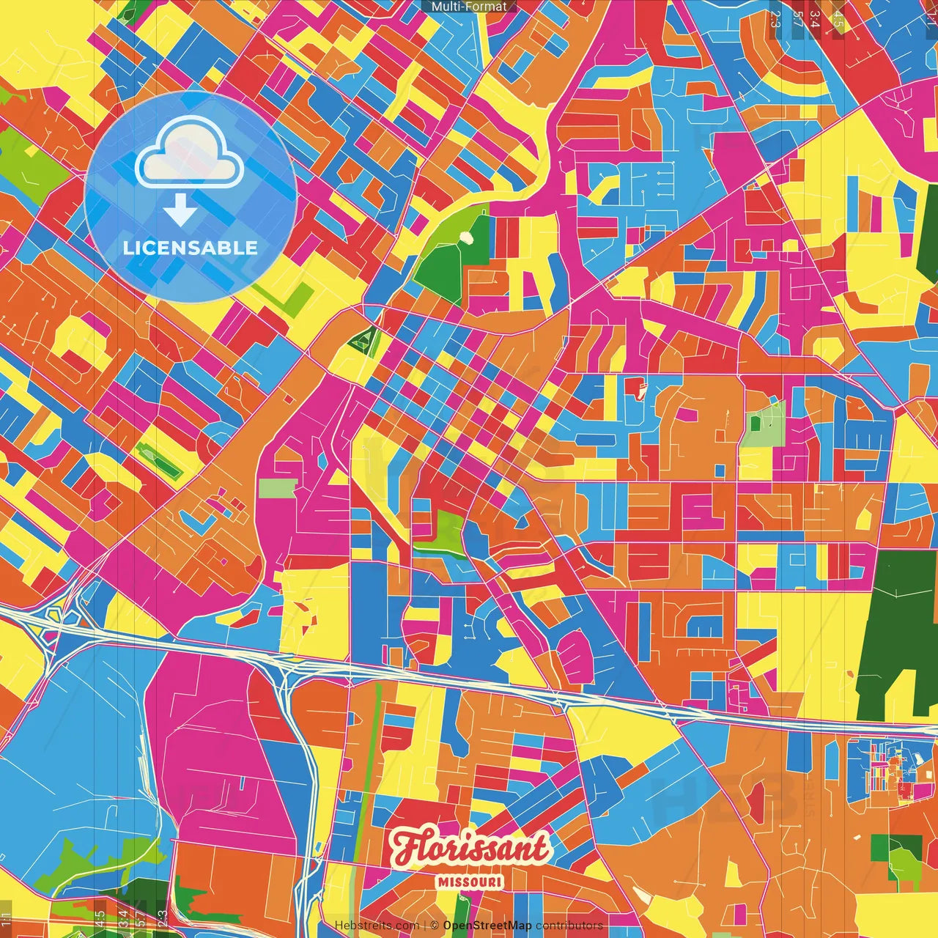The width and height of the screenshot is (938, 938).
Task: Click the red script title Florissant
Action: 470,849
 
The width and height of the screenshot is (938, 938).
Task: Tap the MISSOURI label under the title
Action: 470,882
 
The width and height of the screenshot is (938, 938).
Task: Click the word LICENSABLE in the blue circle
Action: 191,248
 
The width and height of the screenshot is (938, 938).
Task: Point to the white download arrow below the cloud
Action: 180,210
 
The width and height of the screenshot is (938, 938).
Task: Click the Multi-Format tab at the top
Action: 469,7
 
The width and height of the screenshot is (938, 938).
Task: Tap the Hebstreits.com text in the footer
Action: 377,926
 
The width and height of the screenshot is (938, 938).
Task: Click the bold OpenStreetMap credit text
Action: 487,926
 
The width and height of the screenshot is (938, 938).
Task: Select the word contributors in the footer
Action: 569,926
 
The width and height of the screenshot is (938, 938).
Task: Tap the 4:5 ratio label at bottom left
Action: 100,918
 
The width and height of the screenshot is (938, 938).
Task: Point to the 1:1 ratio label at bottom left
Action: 7,918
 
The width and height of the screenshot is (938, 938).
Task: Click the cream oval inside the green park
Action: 466,237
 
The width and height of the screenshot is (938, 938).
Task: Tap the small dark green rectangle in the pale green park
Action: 755,423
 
